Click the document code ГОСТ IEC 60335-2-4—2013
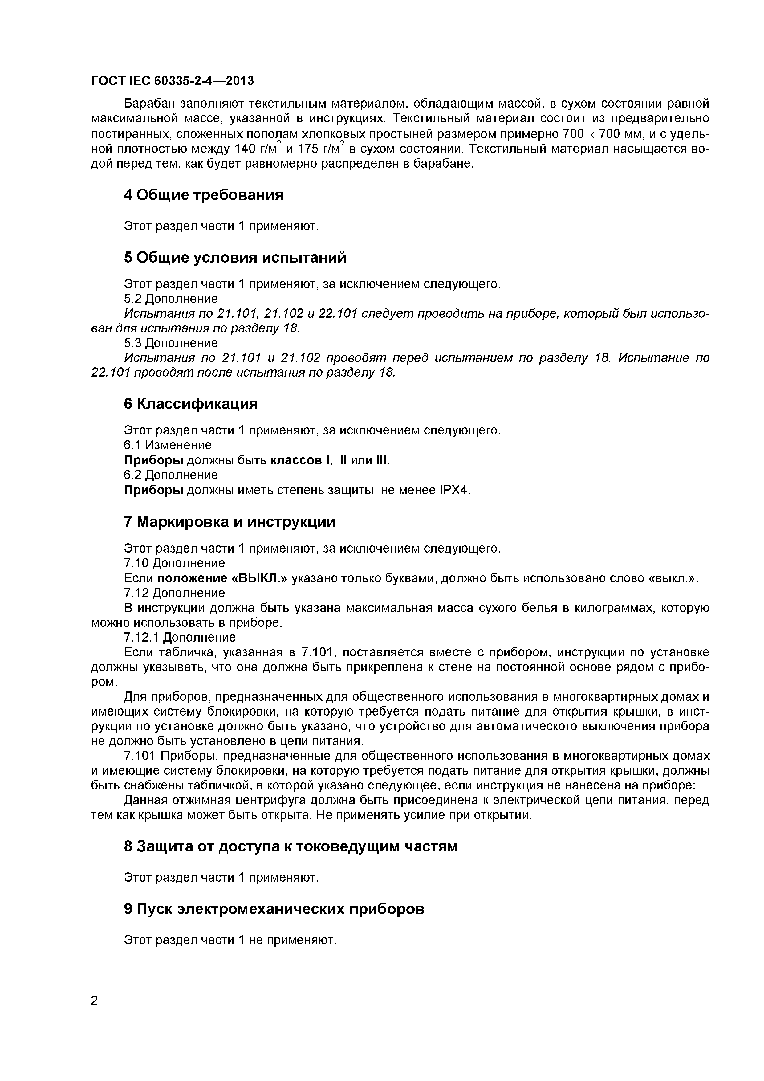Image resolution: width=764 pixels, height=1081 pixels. point(172,81)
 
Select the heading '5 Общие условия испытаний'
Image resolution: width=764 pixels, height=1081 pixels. point(235,258)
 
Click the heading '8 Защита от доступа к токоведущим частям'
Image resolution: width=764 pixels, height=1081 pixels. point(291,846)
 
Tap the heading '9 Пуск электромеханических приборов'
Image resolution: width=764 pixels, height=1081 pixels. point(274,909)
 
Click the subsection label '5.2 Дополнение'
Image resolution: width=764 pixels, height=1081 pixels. point(170,299)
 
